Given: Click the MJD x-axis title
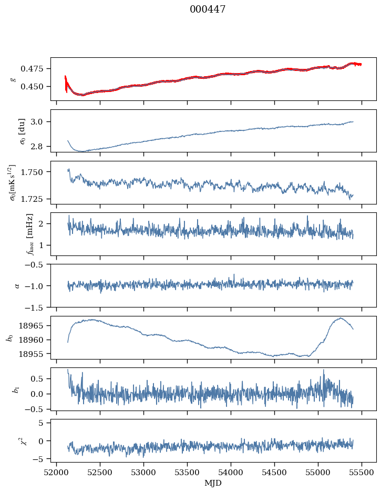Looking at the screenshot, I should [213, 483].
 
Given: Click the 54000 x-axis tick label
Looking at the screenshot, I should [231, 473].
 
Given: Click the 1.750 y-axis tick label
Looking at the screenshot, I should [34, 172].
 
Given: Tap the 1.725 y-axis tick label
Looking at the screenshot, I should [34, 199].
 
